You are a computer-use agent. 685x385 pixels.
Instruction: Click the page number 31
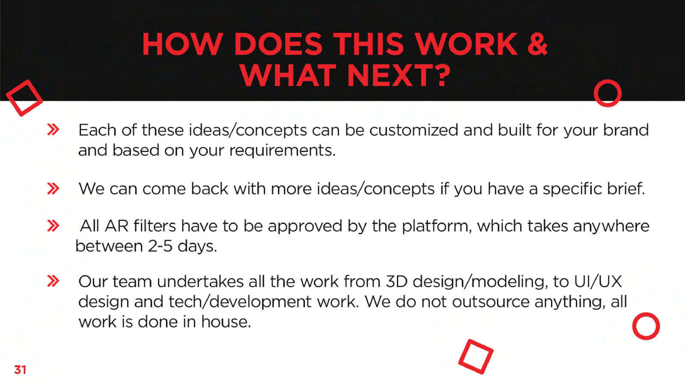pos(20,370)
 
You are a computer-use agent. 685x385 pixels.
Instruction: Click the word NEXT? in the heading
pos(399,75)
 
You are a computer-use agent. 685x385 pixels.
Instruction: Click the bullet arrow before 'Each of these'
pos(53,130)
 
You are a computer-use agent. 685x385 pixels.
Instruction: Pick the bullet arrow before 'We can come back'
pos(53,189)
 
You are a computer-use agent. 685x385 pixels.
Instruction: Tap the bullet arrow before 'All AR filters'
pos(53,226)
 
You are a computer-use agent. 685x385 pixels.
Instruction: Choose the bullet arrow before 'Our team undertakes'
pos(53,281)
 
